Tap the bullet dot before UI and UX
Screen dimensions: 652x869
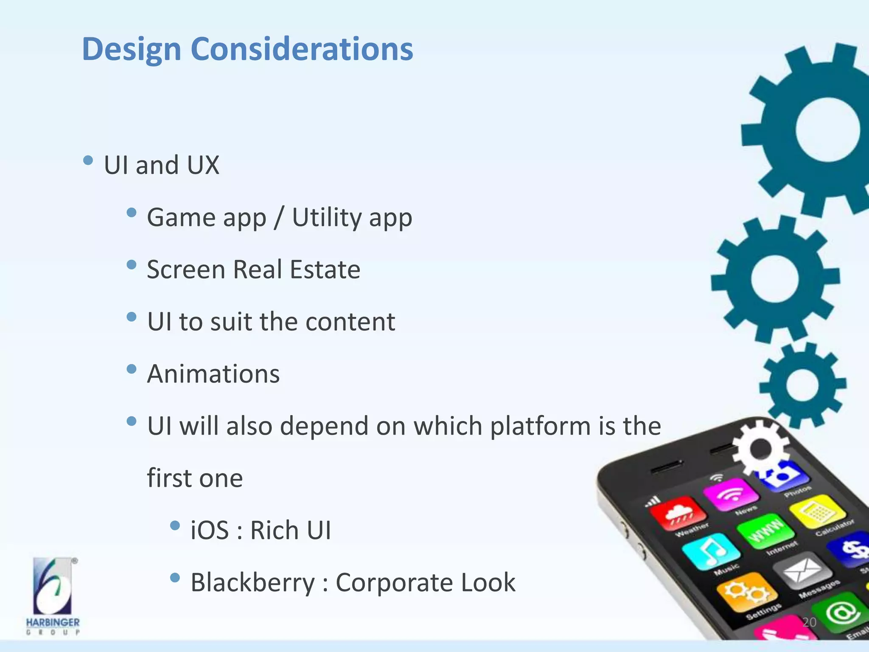88,160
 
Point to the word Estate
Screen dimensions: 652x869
325,270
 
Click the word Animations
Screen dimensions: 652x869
213,374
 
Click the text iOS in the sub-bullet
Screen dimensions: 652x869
210,531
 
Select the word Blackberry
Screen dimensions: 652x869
252,583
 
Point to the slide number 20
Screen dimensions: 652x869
809,622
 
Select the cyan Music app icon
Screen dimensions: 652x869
711,551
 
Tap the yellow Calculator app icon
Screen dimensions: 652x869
817,511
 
